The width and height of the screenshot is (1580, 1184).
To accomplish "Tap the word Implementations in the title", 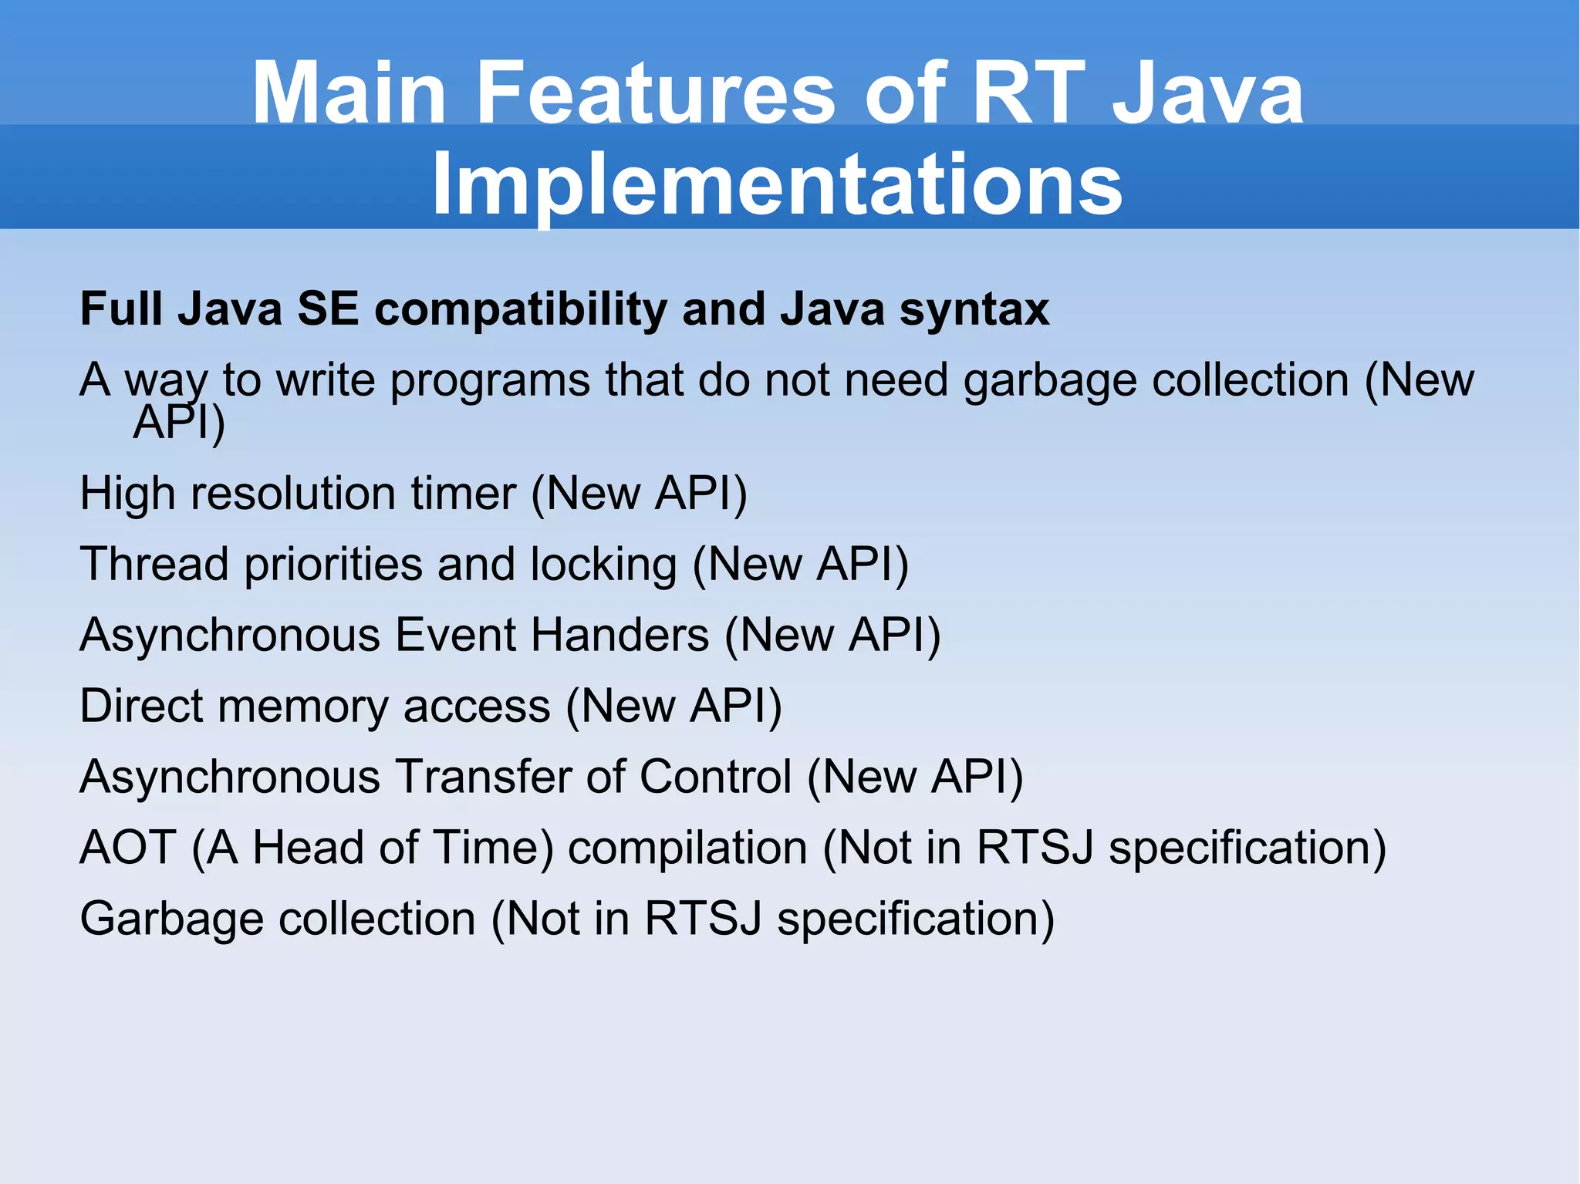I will point(777,184).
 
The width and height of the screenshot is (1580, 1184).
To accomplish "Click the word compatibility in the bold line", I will point(521,310).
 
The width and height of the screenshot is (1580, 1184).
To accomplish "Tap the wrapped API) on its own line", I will point(179,423).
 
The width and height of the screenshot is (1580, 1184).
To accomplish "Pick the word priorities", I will point(333,565).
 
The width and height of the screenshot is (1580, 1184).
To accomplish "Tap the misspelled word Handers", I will point(620,636).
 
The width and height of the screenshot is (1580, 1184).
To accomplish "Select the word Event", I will point(455,636).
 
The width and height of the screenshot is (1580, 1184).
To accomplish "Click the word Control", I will point(715,777).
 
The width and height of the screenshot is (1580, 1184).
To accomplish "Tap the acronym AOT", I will point(128,848).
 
